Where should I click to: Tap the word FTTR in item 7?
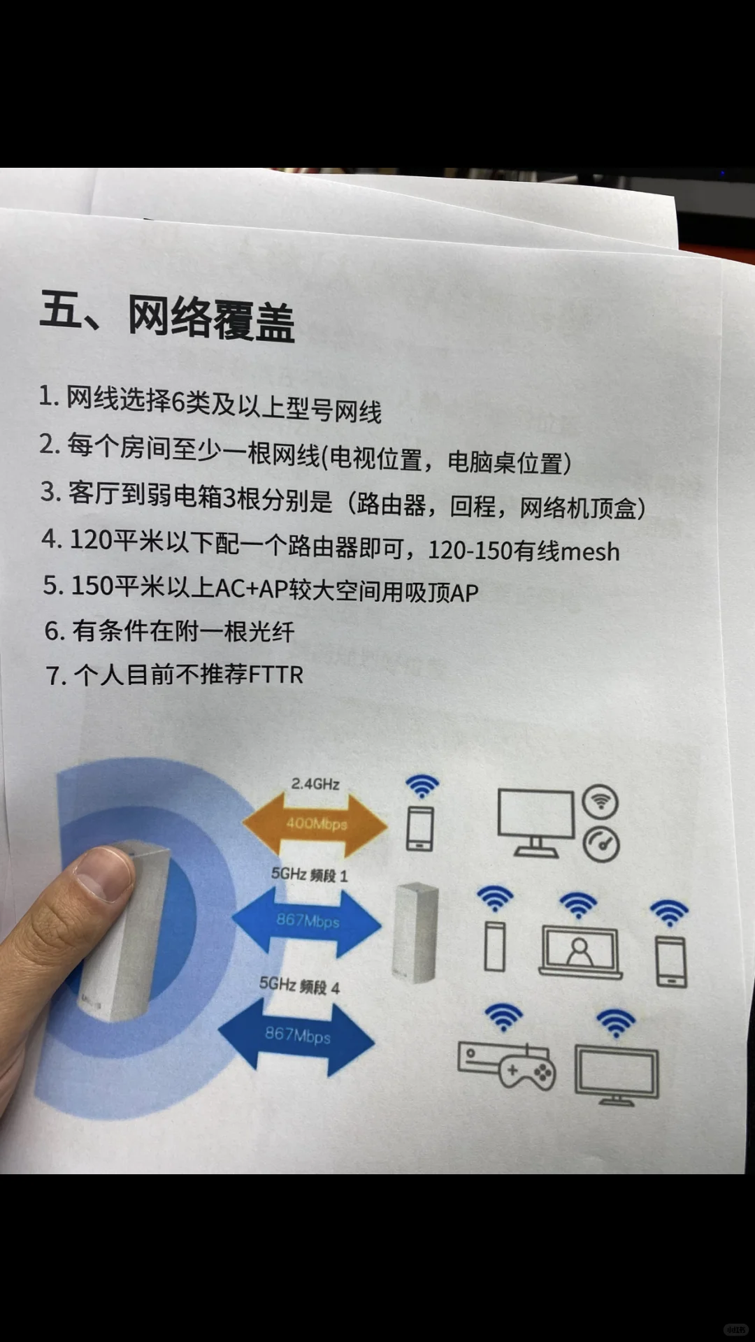tap(276, 675)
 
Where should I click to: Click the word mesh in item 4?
tap(590, 552)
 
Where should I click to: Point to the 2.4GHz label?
tap(315, 784)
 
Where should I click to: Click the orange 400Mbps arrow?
tap(315, 824)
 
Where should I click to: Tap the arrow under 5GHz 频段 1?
tap(308, 921)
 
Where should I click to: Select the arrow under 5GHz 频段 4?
tap(297, 1035)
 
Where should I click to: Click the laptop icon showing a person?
tap(580, 951)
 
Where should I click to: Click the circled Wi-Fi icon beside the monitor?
tap(601, 802)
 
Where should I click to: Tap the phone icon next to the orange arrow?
tap(420, 828)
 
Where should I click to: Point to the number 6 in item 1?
tap(178, 402)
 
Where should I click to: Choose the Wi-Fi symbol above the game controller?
tap(503, 1017)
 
